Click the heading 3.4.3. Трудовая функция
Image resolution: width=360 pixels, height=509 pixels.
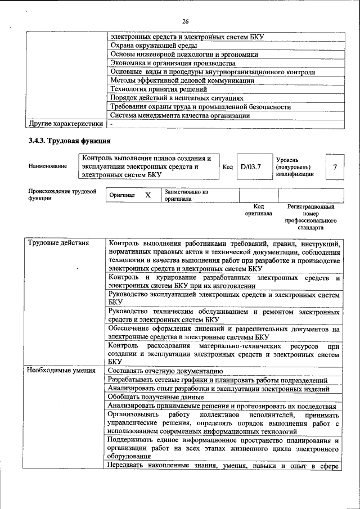(69, 141)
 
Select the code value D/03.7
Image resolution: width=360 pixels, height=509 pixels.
(251, 167)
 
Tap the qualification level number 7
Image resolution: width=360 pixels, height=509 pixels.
(335, 167)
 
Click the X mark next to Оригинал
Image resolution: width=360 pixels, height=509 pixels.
(148, 195)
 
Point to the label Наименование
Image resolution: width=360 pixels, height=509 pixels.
(47, 166)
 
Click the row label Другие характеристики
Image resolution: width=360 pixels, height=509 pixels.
(66, 123)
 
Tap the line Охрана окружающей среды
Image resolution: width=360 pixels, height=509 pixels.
(153, 46)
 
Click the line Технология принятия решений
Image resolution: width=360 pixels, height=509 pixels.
(159, 89)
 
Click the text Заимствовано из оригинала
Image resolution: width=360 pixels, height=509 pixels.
(186, 195)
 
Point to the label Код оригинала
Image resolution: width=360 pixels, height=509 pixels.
(258, 210)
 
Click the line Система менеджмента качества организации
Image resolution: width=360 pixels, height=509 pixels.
(179, 115)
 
